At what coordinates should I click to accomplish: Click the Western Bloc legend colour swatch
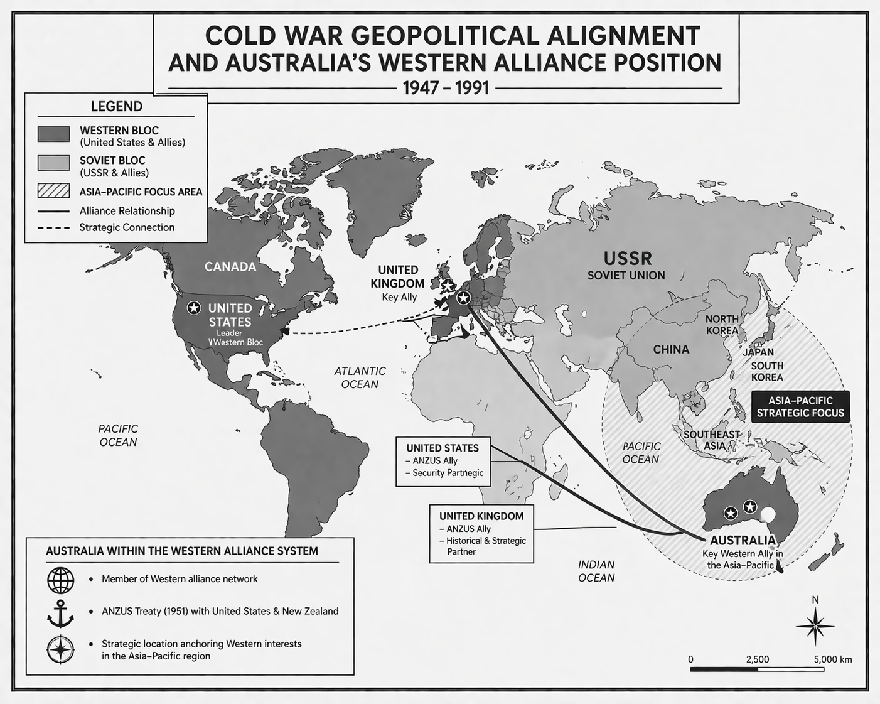click(x=53, y=134)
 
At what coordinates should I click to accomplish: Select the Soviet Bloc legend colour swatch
click(x=53, y=163)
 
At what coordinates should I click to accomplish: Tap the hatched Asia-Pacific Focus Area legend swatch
click(x=53, y=192)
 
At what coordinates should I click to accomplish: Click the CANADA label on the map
click(x=230, y=266)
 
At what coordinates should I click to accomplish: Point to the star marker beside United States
click(x=195, y=308)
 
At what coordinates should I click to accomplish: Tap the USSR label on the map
click(x=628, y=258)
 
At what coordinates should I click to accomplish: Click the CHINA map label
click(x=671, y=349)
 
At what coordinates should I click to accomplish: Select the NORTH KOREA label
click(x=722, y=325)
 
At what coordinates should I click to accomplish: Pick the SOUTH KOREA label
click(x=767, y=371)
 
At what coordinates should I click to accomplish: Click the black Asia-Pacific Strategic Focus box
click(x=800, y=406)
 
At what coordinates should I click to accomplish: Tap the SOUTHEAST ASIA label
click(x=711, y=440)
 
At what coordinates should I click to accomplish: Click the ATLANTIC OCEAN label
click(x=360, y=377)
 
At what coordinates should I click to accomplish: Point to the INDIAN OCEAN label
click(x=596, y=571)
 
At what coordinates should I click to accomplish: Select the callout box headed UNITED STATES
click(x=443, y=462)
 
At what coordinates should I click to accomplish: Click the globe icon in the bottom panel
click(x=61, y=580)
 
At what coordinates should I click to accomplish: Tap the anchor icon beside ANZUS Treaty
click(x=61, y=613)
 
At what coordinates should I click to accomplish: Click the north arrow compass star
click(x=815, y=626)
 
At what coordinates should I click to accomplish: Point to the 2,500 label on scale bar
click(x=757, y=659)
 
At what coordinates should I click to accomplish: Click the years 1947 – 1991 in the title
click(x=446, y=87)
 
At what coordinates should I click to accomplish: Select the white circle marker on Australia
click(x=768, y=515)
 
